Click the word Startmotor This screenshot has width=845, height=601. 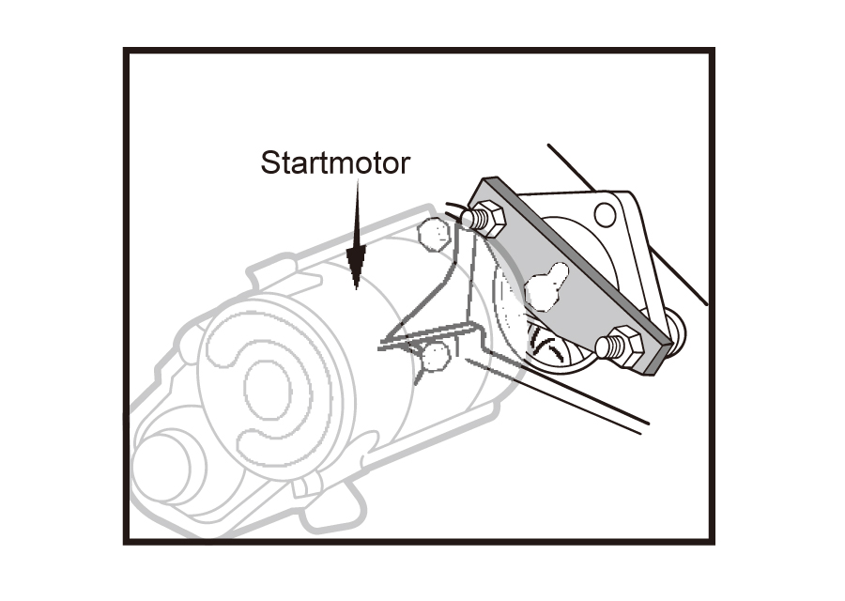pyautogui.click(x=335, y=162)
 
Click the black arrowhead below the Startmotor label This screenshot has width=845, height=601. pyautogui.click(x=356, y=265)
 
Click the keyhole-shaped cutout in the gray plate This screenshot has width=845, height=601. pyautogui.click(x=546, y=287)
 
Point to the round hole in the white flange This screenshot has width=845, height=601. pyautogui.click(x=605, y=214)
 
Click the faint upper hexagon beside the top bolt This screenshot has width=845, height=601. pyautogui.click(x=435, y=234)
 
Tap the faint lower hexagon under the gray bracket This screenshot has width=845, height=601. pyautogui.click(x=436, y=357)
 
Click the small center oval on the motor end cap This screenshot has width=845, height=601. pyautogui.click(x=268, y=389)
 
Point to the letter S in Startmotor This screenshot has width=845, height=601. pyautogui.click(x=270, y=162)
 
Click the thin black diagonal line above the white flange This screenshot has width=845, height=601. pyautogui.click(x=571, y=167)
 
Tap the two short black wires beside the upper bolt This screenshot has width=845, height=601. pyautogui.click(x=453, y=211)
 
